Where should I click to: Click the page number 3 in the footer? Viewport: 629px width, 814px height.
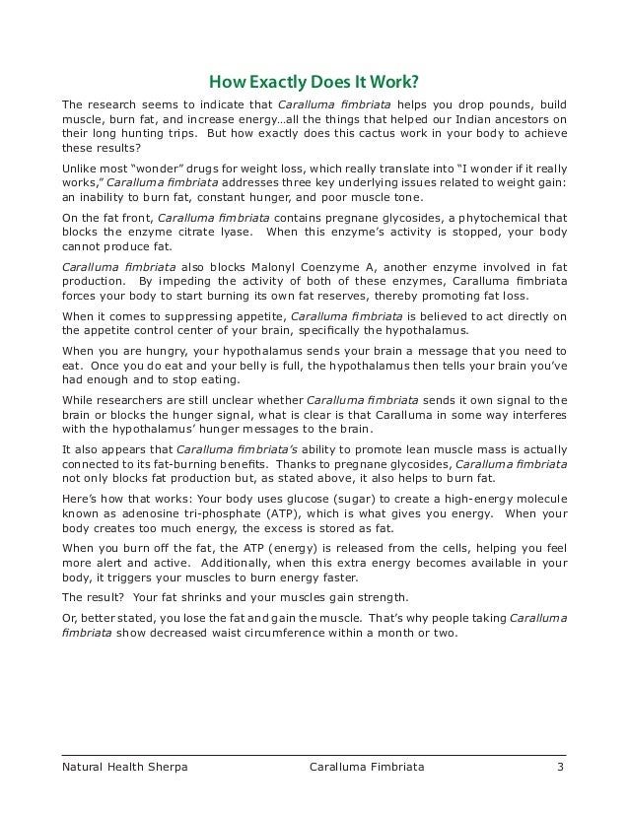(x=559, y=764)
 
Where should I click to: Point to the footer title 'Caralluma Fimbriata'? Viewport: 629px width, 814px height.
(x=366, y=764)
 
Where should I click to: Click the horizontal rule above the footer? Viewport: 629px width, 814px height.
(x=314, y=749)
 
